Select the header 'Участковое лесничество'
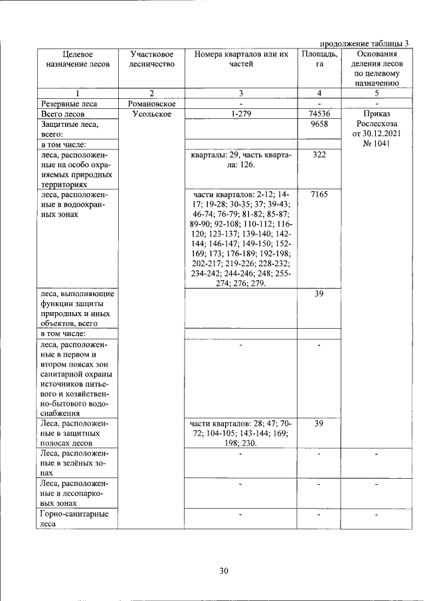151,59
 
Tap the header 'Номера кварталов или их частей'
241,59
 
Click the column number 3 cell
241,94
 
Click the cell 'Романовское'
151,104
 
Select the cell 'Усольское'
151,114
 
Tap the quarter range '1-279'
241,114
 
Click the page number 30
224,571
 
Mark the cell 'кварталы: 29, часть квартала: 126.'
241,159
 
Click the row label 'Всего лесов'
62,114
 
